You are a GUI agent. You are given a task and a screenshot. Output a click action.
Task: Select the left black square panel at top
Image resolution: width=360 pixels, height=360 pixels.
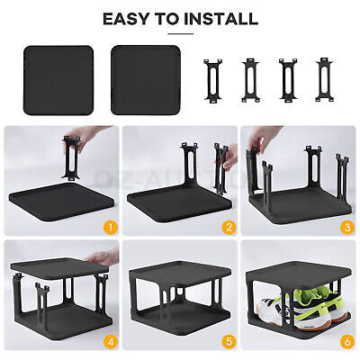[x=58, y=79]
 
